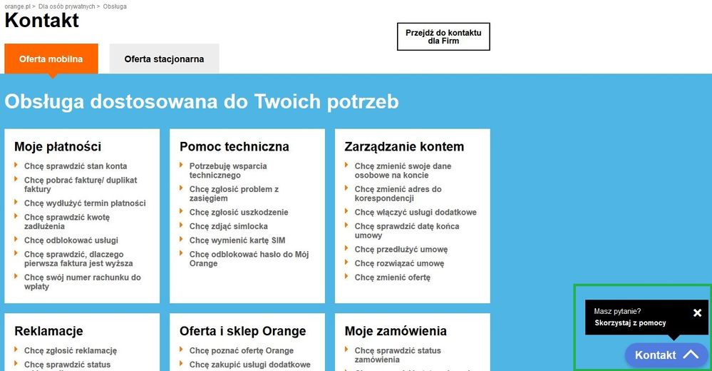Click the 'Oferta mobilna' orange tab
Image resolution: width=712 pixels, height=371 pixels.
(51, 59)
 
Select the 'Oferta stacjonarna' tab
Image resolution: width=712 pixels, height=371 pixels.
(164, 59)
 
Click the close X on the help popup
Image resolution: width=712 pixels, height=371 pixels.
(697, 312)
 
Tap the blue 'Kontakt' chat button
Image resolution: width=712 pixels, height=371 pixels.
(666, 355)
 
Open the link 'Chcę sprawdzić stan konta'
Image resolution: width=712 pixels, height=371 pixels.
(76, 166)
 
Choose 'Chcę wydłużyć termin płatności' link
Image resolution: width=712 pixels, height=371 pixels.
(85, 203)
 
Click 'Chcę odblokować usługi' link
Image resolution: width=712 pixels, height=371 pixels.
(71, 240)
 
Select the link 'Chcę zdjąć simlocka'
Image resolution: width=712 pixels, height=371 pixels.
(229, 226)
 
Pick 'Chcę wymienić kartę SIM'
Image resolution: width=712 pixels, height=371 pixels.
(237, 240)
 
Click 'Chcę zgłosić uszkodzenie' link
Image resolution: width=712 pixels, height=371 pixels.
(239, 212)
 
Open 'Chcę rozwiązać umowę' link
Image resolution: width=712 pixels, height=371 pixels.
(399, 263)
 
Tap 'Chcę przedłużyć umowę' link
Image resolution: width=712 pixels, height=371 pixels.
(401, 250)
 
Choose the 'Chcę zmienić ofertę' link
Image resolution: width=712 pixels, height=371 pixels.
(393, 278)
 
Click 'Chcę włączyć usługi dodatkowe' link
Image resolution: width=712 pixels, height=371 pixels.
(416, 212)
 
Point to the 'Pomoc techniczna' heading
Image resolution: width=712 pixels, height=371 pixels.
(234, 147)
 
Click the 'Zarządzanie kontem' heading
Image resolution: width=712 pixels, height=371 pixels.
(404, 147)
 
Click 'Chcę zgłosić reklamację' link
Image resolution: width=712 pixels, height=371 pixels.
(71, 351)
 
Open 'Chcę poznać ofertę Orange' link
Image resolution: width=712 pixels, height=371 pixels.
(242, 351)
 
